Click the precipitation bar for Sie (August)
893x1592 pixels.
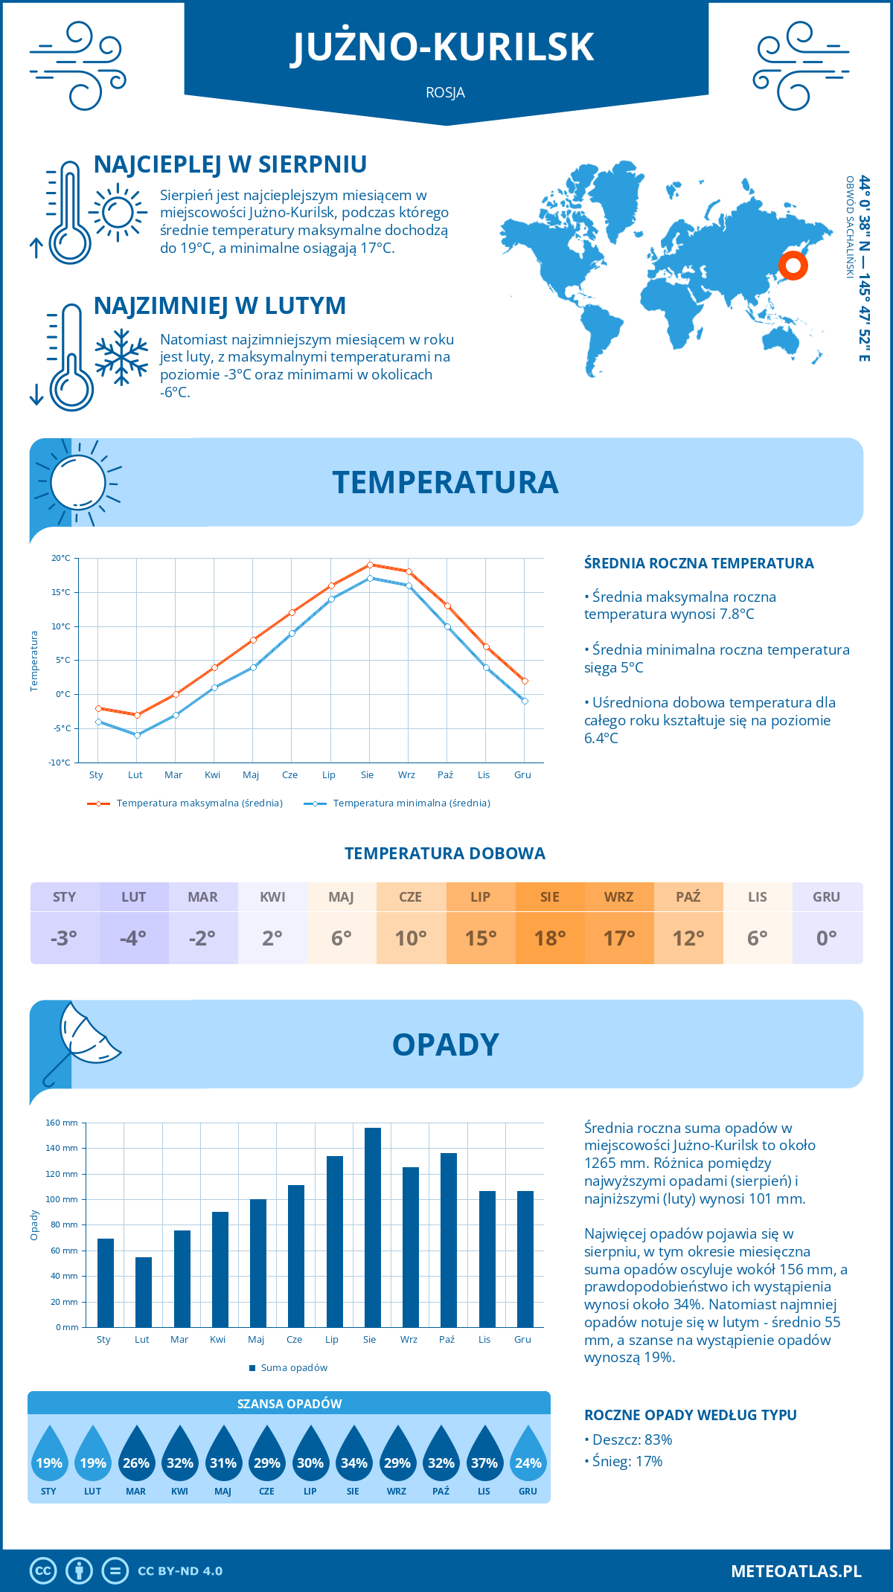point(373,1227)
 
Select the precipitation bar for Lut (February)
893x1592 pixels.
point(144,1292)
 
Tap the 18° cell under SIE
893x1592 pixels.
point(550,938)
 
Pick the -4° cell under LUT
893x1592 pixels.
point(134,938)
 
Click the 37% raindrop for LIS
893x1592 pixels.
point(484,1463)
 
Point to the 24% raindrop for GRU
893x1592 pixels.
point(528,1463)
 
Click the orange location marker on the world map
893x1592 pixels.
point(793,266)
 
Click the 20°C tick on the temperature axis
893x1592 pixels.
point(61,558)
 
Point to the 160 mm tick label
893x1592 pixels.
point(63,1123)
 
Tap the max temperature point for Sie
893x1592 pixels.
point(370,565)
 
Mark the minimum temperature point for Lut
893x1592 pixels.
point(137,735)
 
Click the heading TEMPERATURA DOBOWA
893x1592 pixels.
point(445,853)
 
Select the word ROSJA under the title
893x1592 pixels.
point(446,92)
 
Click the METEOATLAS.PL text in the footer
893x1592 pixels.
point(796,1571)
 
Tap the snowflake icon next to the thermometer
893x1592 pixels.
point(121,357)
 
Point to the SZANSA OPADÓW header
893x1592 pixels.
point(289,1404)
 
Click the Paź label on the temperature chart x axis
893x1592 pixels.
point(445,775)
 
